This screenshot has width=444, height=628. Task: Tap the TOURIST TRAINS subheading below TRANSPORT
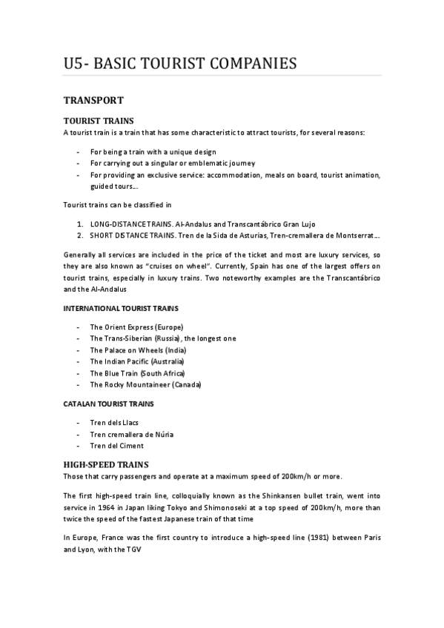[x=99, y=121]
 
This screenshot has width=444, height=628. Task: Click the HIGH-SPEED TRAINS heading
[x=107, y=464]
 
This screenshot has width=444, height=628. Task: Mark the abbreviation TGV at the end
[x=133, y=550]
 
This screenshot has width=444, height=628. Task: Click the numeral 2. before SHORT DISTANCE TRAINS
[x=80, y=235]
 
